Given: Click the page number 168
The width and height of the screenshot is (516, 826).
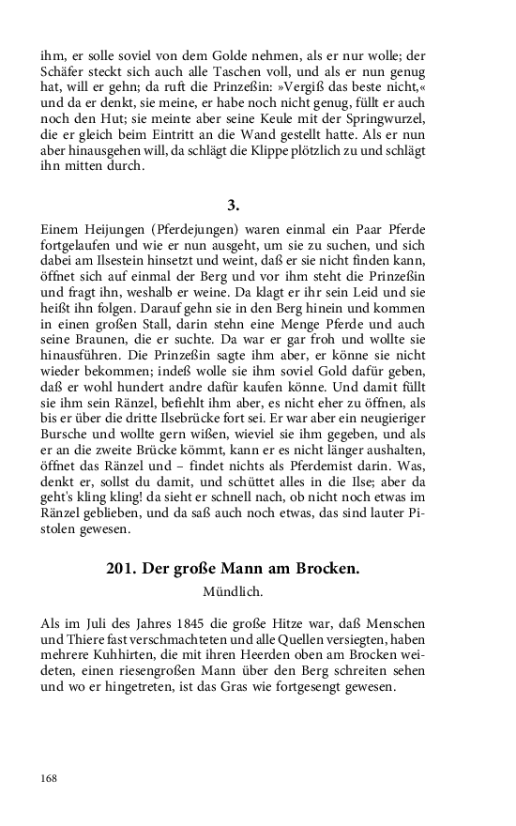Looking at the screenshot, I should click(49, 778).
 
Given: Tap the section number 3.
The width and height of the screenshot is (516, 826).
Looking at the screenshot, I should click(234, 205).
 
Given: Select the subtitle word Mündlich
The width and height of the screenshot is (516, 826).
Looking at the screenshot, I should click(233, 592).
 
